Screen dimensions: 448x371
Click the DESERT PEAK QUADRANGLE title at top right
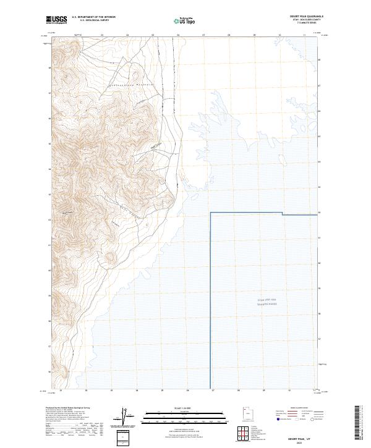306,16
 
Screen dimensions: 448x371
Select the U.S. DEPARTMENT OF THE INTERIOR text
93,17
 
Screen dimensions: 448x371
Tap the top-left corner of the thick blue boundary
211,213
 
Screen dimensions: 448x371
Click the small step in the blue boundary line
283,214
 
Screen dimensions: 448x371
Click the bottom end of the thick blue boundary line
211,387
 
